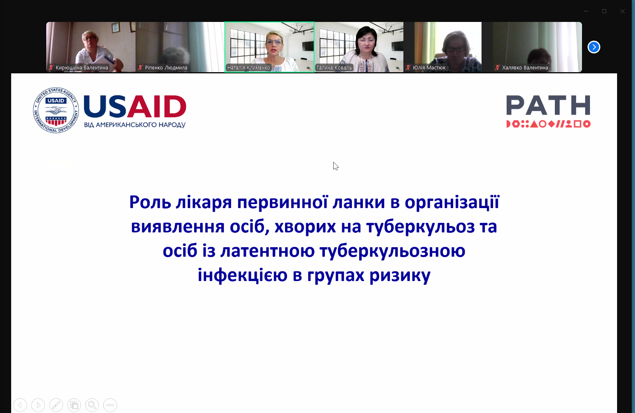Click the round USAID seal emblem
56,110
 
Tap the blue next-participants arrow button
594,47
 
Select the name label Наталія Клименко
249,67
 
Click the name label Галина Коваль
334,67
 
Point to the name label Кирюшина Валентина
82,67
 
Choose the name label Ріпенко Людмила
166,67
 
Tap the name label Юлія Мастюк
429,67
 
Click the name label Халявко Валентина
525,67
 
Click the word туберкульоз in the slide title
421,227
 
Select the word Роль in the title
150,203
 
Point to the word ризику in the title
400,275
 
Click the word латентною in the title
267,251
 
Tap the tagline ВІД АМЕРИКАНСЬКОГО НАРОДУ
135,125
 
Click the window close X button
622,11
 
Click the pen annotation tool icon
56,405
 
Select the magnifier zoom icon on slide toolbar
92,405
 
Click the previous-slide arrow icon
20,405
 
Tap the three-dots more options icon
110,405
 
